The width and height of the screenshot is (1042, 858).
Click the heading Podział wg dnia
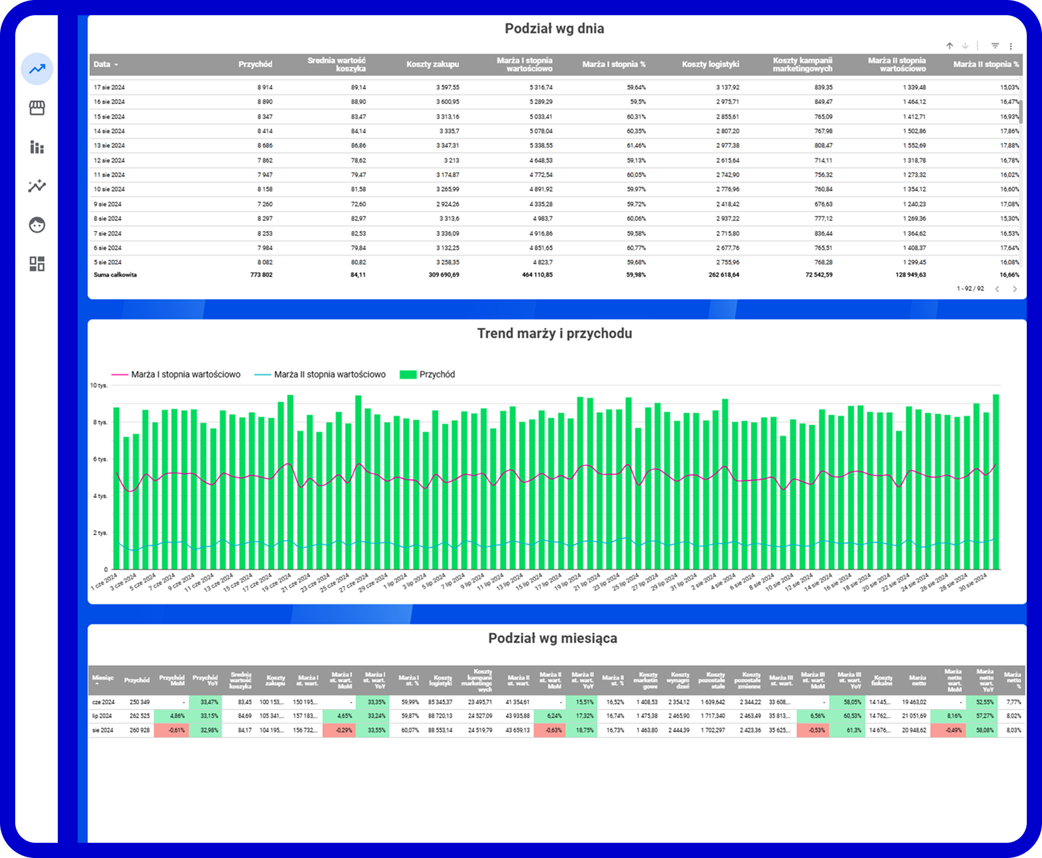coord(554,29)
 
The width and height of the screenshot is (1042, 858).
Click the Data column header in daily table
coord(102,65)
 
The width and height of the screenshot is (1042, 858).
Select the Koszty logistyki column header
coord(710,65)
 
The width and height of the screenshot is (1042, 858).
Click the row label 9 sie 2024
coord(107,204)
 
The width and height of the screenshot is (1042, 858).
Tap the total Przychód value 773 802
coord(261,275)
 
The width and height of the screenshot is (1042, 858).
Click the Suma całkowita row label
coord(115,275)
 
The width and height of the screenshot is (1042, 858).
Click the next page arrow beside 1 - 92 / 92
coord(1015,289)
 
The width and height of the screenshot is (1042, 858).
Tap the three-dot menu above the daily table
coord(1011,46)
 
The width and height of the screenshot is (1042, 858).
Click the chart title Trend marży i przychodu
coord(554,334)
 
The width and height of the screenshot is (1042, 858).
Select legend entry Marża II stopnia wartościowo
coord(329,375)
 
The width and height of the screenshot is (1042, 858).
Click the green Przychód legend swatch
coord(407,375)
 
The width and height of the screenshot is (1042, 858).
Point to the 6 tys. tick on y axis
coord(100,459)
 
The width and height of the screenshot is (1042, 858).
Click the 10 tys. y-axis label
coord(98,386)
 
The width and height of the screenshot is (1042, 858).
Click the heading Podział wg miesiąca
coord(552,638)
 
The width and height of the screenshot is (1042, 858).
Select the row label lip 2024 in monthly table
coord(102,716)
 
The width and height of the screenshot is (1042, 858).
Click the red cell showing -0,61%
coord(171,730)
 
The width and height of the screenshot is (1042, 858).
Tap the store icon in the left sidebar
coord(37,109)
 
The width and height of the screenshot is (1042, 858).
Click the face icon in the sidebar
coord(37,225)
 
